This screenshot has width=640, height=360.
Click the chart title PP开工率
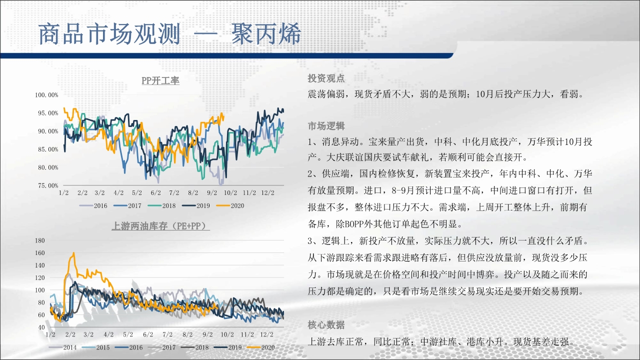click(x=160, y=80)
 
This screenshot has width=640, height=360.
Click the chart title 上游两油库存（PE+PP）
click(x=160, y=226)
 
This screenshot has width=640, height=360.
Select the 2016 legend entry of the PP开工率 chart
click(x=93, y=205)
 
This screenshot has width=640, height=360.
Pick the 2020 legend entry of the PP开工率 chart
click(x=230, y=205)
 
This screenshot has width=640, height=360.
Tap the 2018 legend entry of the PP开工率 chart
click(x=161, y=205)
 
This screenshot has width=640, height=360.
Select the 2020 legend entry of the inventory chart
click(x=260, y=347)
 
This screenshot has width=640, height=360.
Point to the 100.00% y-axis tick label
click(x=46, y=95)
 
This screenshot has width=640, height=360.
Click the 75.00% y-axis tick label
click(x=48, y=185)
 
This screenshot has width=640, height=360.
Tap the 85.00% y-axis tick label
click(x=48, y=149)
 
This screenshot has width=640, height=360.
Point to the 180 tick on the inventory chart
click(x=40, y=240)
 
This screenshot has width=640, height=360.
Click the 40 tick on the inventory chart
click(x=41, y=327)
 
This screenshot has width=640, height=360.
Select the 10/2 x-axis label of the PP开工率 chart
click(x=230, y=193)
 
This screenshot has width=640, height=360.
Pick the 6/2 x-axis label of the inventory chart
click(x=148, y=334)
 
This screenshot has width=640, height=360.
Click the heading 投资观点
click(x=326, y=78)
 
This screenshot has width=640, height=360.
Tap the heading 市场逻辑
click(x=326, y=126)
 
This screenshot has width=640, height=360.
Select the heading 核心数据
click(x=326, y=325)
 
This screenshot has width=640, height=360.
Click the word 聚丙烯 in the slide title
click(x=266, y=34)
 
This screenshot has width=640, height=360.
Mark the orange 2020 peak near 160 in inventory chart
click(x=74, y=253)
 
